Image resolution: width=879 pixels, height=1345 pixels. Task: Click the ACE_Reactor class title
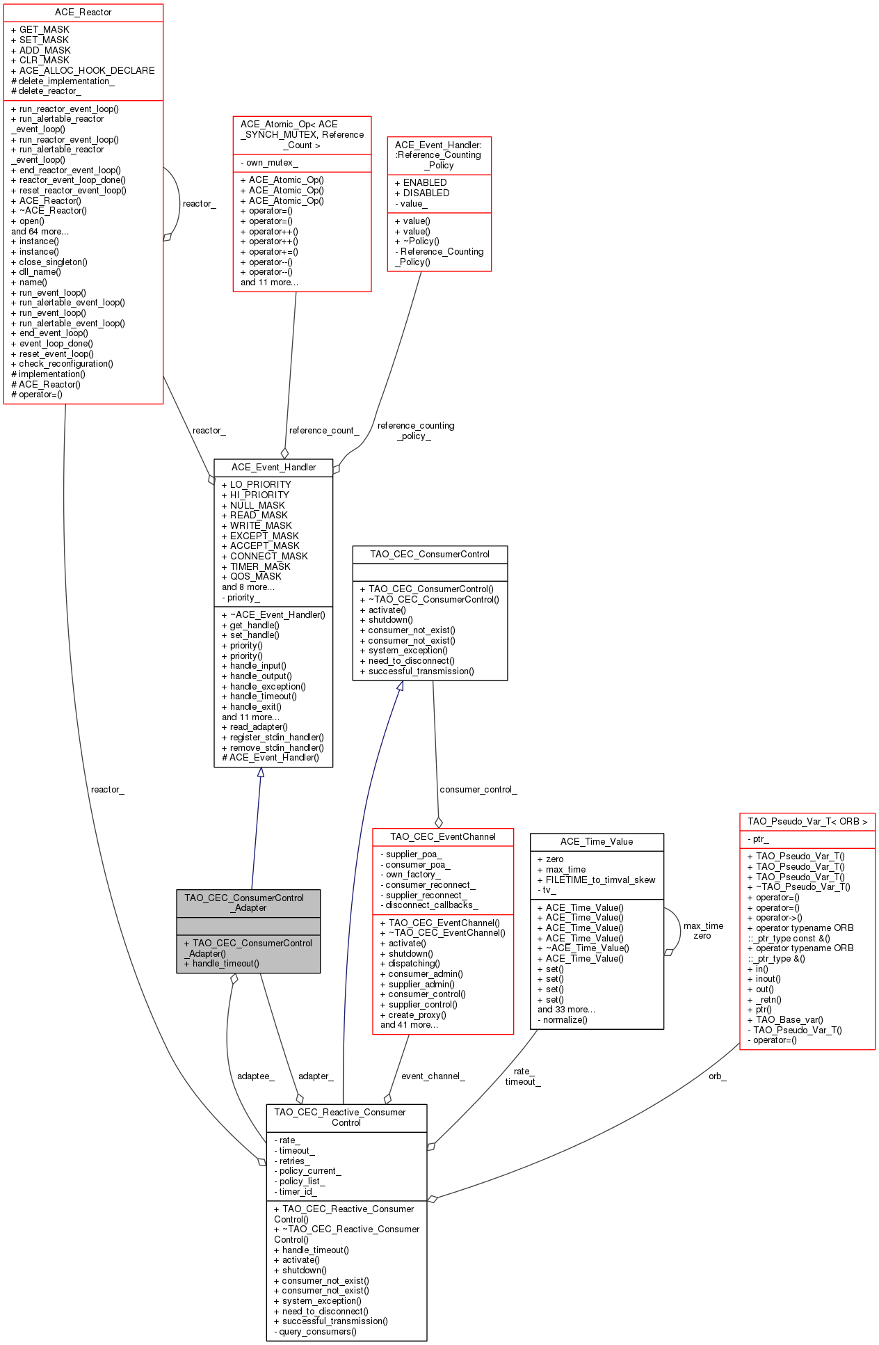point(83,13)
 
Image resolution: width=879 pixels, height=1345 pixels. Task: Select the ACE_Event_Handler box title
point(273,467)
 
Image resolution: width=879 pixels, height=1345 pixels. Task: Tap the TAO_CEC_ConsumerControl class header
point(430,554)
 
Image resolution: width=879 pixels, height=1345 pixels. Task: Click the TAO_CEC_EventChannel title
point(443,836)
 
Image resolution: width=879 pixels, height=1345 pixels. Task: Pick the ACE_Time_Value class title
point(597,841)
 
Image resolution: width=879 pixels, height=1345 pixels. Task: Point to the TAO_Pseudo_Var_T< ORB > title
point(807,821)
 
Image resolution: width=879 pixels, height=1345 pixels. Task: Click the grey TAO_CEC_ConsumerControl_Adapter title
point(248,902)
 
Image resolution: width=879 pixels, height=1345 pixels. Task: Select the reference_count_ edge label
point(324,430)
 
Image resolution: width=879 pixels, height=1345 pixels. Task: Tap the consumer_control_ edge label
point(478,789)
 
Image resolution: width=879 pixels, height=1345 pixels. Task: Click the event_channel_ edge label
point(433,1076)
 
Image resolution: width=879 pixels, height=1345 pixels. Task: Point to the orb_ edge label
point(718,1076)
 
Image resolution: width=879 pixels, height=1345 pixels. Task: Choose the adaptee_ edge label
point(256,1076)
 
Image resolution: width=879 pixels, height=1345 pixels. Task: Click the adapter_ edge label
point(316,1076)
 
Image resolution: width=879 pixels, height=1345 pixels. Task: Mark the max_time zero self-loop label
point(703,930)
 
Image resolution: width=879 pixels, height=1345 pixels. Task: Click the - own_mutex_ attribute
point(269,163)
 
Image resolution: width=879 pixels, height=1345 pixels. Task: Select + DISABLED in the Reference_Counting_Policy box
point(422,193)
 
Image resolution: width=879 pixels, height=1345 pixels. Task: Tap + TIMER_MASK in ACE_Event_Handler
point(256,566)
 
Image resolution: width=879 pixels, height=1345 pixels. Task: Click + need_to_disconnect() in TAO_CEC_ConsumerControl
point(407,661)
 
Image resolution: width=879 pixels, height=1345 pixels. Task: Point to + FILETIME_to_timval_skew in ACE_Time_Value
point(597,880)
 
